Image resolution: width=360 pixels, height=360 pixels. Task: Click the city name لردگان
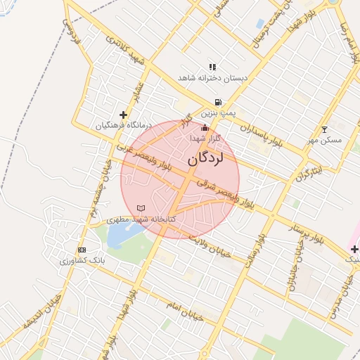point(205,159)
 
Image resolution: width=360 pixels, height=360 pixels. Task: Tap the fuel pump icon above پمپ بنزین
point(218,102)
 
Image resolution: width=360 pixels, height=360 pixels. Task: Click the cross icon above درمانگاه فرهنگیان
point(124,115)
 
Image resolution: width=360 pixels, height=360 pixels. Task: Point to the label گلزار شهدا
point(204,139)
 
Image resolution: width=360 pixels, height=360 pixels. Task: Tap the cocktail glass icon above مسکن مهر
point(324,129)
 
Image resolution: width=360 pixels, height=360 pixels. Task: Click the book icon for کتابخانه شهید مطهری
point(141,209)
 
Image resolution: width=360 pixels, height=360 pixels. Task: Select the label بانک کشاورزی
point(80,260)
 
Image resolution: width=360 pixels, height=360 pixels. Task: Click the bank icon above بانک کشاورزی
point(82,250)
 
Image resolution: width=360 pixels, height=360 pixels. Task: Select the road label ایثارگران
point(309,171)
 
